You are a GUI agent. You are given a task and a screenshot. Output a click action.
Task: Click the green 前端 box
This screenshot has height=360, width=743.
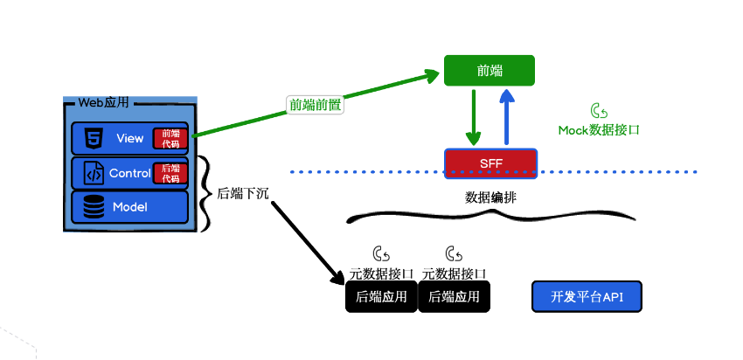point(489,71)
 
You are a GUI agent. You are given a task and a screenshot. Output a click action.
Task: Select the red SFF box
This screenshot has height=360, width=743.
point(490,163)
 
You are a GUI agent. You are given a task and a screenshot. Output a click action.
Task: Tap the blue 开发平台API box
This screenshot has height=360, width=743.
point(587,296)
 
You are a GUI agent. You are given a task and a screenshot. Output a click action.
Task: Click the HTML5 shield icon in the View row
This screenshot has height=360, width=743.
point(93,138)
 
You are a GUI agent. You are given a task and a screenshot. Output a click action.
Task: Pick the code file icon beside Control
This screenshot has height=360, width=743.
point(94,173)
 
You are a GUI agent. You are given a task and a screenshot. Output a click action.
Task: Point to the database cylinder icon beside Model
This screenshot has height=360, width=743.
point(94,207)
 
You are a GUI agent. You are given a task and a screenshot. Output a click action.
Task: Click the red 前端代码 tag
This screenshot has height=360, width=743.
point(170,139)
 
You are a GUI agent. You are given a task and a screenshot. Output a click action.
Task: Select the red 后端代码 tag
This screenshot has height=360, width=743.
point(170,173)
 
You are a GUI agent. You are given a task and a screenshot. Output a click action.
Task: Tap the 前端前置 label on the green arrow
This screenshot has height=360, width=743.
point(315,105)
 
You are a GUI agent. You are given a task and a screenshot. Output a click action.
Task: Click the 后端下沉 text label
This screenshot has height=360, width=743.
point(243,194)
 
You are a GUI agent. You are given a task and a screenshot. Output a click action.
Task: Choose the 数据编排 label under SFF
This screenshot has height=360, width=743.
point(490,197)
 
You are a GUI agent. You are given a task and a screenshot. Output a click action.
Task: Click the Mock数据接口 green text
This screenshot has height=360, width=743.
point(599,130)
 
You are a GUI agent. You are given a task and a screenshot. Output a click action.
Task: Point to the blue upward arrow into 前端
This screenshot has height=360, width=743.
point(507,116)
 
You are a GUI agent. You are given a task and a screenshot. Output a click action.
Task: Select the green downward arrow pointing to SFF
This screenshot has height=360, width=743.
point(473,117)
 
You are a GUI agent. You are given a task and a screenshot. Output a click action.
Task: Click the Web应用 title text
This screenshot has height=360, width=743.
point(103,102)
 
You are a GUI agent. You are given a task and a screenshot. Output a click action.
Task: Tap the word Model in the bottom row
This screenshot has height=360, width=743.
point(130,207)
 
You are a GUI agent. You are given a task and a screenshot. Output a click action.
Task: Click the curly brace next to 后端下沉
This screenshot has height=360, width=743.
point(204,194)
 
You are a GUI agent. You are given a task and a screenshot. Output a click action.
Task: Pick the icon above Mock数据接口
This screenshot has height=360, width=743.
point(599,111)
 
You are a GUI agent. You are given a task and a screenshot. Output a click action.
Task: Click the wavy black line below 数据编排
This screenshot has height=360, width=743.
point(490,216)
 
